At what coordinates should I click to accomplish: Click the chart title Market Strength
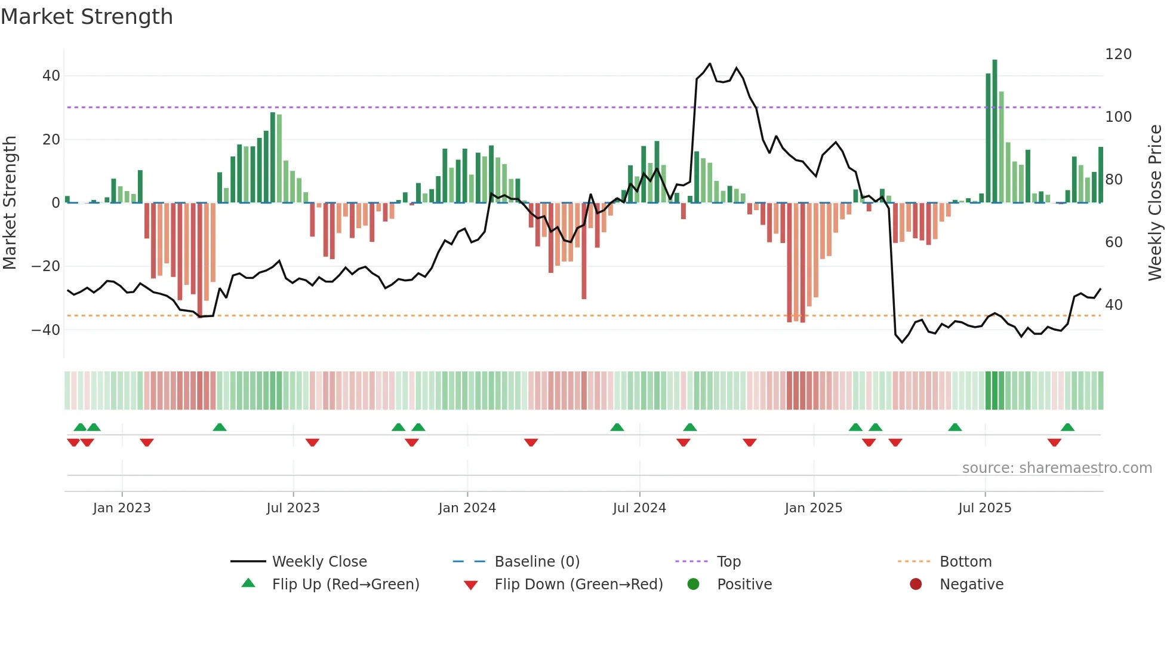click(x=87, y=17)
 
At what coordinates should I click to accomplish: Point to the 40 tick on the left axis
click(x=51, y=76)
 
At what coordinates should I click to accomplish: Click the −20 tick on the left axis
click(x=46, y=266)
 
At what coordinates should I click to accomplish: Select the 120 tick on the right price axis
click(x=1118, y=54)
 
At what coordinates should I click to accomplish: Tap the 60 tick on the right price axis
click(x=1114, y=242)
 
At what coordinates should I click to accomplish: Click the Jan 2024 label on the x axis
click(x=467, y=508)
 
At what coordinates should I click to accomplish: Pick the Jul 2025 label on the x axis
click(x=984, y=508)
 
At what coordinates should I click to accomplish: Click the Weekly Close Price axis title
click(x=1155, y=203)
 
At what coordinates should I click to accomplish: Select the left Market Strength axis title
click(x=10, y=203)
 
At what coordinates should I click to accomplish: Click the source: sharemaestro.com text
click(x=1057, y=468)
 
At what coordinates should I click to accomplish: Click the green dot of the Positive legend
click(x=693, y=585)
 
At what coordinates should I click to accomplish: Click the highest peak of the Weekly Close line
click(x=710, y=64)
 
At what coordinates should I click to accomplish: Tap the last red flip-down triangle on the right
click(x=1054, y=442)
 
